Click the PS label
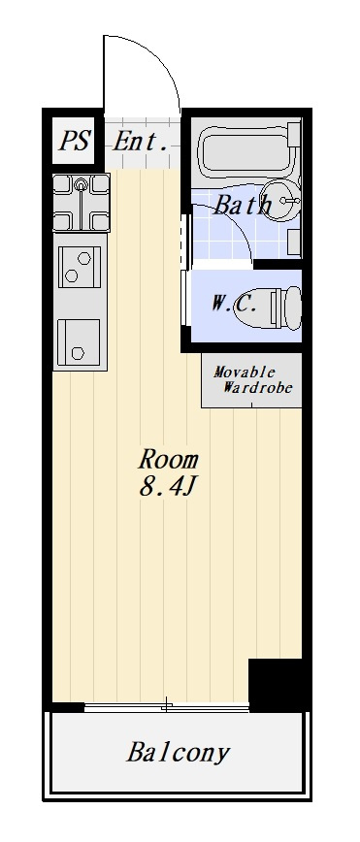pos(74,141)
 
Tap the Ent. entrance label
pos(140,142)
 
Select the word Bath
pos(243,206)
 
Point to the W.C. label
pos(233,305)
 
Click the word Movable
pos(245,372)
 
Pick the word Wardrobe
pos(257,387)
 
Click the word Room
pos(169,460)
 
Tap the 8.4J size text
pos(167,486)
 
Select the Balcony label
pos(178,753)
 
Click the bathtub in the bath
pos(248,149)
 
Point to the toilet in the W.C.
pos(280,307)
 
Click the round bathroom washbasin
pos(281,201)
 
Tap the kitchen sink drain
pos(82,185)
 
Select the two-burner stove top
pos(80,267)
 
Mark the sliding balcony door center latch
pos(167,705)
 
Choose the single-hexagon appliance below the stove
pos(79,341)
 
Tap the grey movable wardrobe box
pos(251,380)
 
